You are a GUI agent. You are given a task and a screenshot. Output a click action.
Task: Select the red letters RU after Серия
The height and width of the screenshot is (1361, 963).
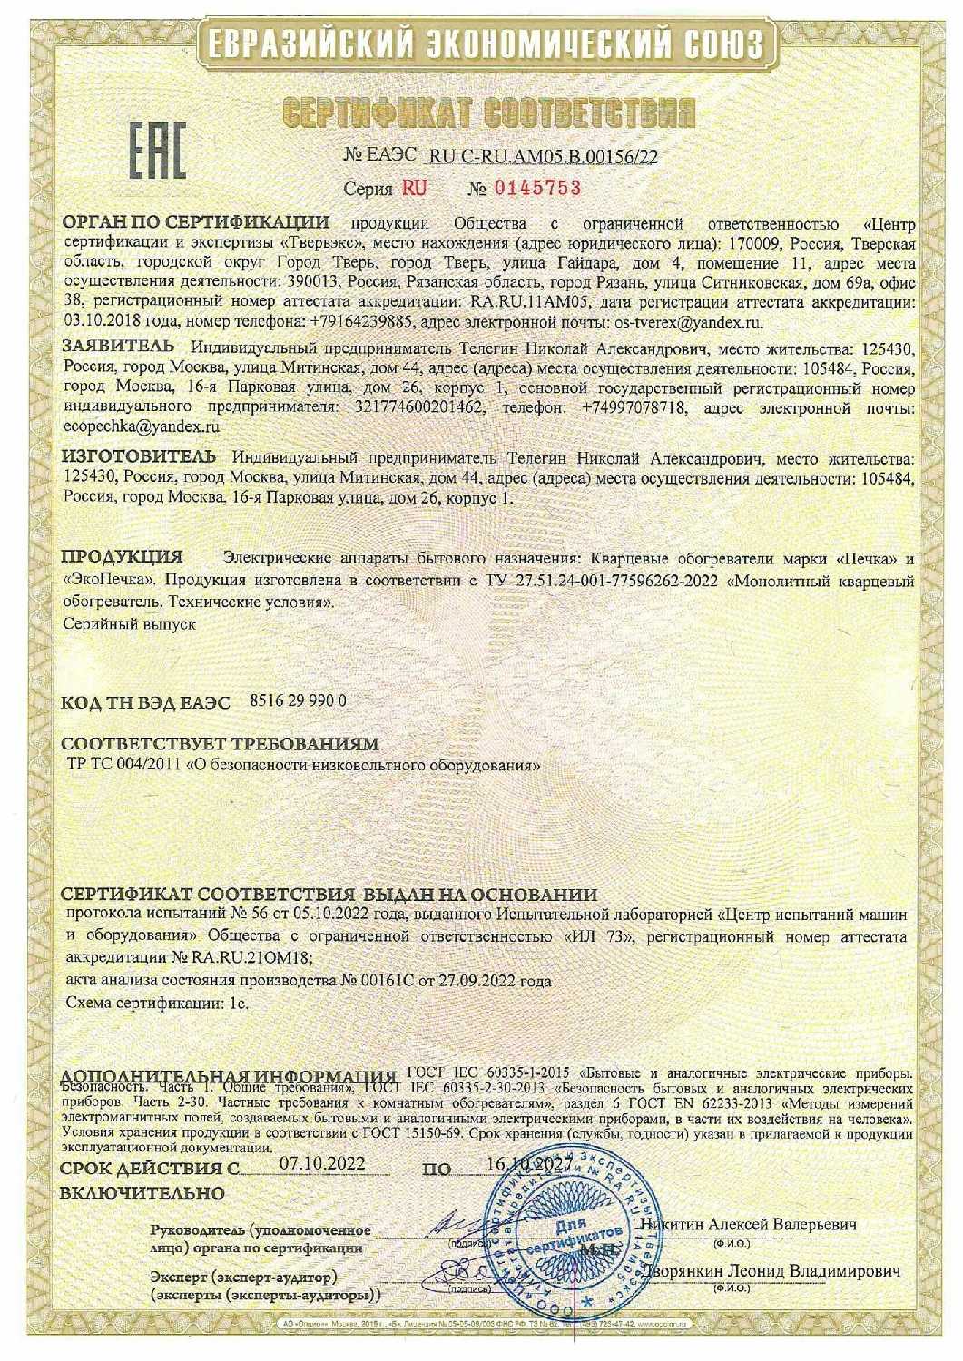(x=414, y=189)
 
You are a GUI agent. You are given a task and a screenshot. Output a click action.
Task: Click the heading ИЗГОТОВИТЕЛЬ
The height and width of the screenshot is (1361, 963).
(x=139, y=455)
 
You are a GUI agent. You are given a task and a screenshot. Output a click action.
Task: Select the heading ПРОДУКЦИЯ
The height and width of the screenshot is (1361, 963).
(x=122, y=555)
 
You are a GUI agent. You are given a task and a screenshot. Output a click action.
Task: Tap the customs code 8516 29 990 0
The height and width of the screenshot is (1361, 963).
(x=297, y=700)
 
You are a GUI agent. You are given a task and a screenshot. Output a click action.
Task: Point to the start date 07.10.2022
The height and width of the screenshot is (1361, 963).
(x=321, y=1163)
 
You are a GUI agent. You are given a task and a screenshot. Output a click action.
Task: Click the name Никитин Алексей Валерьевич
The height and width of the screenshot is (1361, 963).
(x=748, y=1223)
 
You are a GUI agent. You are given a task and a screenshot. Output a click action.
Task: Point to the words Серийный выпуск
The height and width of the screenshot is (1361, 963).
(x=131, y=623)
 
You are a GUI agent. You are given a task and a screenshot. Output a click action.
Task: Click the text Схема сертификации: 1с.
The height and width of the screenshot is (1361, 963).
(x=157, y=1003)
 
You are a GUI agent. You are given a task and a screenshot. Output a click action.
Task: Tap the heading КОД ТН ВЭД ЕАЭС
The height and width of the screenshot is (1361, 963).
(x=146, y=703)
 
